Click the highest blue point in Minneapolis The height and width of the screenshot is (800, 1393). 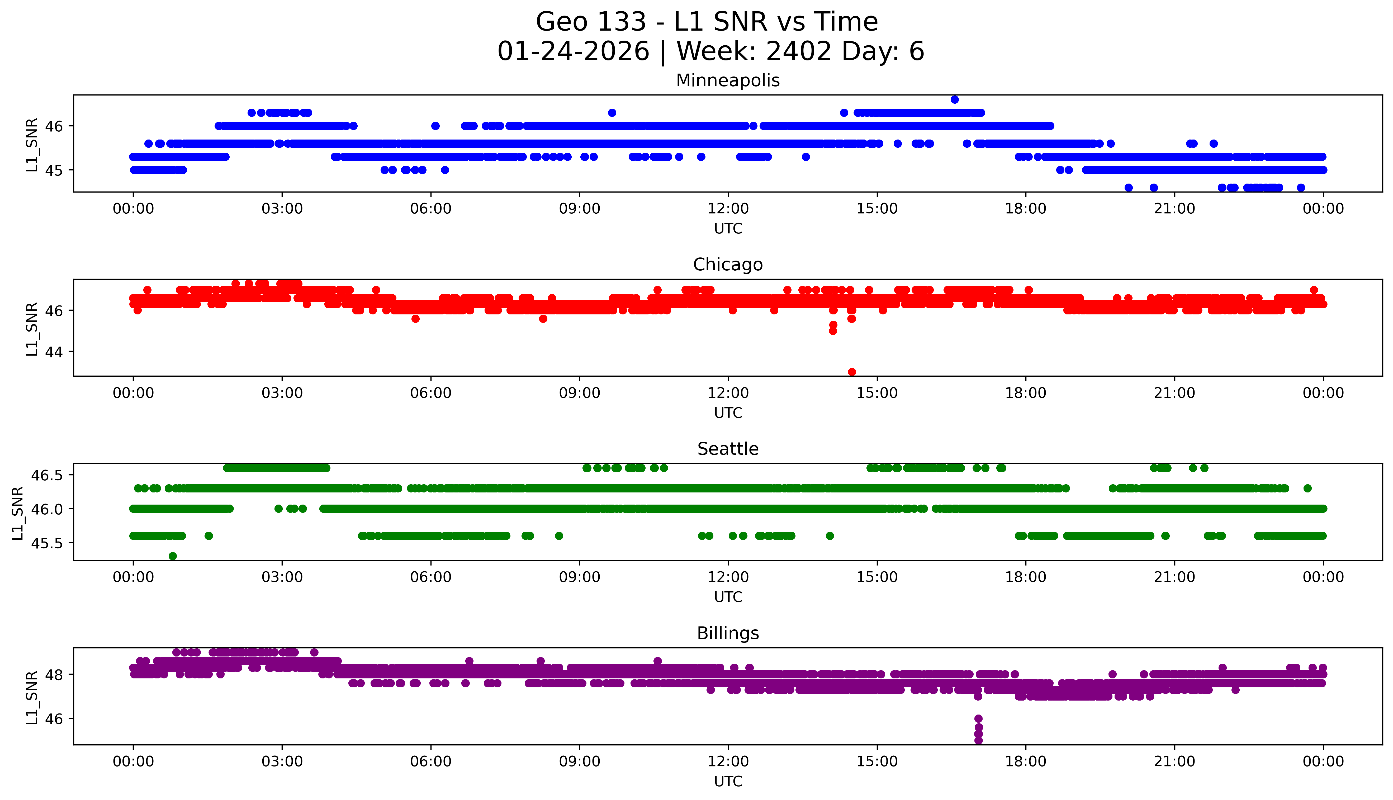pyautogui.click(x=954, y=99)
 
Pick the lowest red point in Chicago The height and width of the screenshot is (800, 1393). pyautogui.click(x=851, y=372)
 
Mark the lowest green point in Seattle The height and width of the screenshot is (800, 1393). pyautogui.click(x=173, y=556)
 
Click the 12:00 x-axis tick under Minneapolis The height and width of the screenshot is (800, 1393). pyautogui.click(x=728, y=209)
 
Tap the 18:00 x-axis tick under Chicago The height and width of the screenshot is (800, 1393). pyautogui.click(x=1025, y=393)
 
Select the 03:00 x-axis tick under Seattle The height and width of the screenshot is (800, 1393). pyautogui.click(x=282, y=577)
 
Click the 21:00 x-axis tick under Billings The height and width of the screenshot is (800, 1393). pyautogui.click(x=1174, y=761)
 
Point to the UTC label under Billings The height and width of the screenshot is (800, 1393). pyautogui.click(x=728, y=781)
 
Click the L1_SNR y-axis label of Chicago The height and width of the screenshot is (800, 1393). pyautogui.click(x=32, y=329)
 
